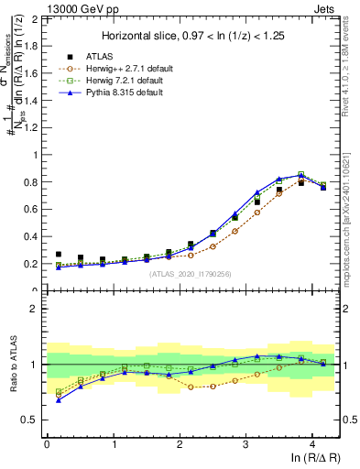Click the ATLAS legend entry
tap(88, 56)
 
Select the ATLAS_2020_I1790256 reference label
tap(191, 273)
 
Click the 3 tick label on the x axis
tap(245, 444)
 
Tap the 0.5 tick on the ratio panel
tap(31, 420)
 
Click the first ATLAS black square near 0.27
tap(59, 255)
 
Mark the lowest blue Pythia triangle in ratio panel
tap(59, 399)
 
